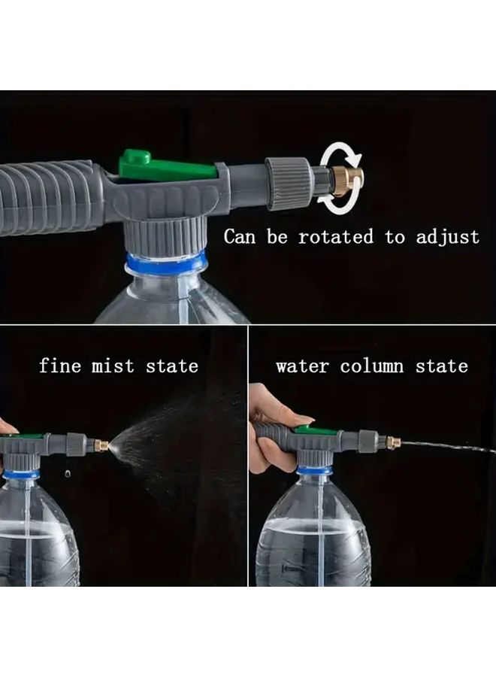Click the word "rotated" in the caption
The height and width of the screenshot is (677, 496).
336,237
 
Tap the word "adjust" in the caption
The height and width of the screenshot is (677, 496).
447,238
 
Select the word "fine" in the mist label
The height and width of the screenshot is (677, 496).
60,366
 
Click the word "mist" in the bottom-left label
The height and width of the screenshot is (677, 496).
113,366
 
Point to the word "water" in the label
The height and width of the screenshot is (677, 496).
302,366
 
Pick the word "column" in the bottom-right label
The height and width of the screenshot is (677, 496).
371,366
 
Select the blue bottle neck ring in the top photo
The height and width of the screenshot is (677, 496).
165,263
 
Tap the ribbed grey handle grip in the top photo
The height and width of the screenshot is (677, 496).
45,197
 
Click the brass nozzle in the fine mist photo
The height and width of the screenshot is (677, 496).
101,445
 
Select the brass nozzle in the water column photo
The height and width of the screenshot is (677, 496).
393,442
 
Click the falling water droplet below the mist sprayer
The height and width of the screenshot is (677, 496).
68,474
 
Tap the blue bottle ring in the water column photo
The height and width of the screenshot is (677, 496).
314,469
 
